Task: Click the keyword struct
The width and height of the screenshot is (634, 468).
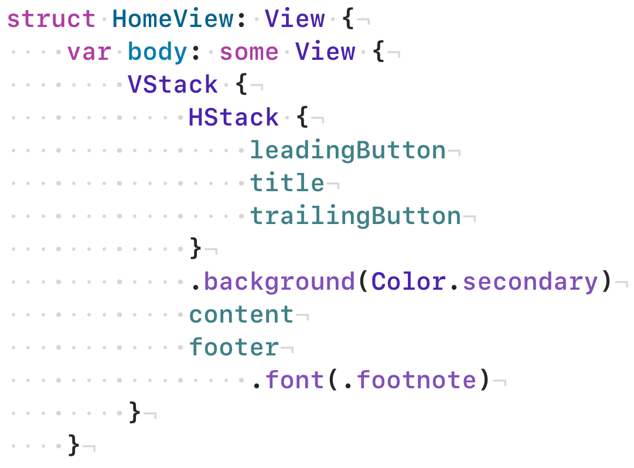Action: (51, 19)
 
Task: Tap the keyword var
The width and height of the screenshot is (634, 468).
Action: (89, 52)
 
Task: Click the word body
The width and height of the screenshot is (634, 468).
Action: (157, 52)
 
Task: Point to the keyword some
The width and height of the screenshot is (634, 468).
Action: (249, 52)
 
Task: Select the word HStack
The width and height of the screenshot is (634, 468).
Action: (233, 118)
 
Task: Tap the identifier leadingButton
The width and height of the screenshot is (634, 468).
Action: (347, 151)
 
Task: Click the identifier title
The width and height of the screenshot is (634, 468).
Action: (287, 184)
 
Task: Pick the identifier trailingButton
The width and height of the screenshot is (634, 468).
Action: (355, 216)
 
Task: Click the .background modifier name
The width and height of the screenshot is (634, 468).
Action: (279, 282)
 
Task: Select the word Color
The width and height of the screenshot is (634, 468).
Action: (408, 282)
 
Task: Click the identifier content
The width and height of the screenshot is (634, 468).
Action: (241, 315)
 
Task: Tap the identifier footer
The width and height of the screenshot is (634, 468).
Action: (233, 348)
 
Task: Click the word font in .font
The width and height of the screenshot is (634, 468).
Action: (294, 381)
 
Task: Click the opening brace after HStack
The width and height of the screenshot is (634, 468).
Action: (302, 118)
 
